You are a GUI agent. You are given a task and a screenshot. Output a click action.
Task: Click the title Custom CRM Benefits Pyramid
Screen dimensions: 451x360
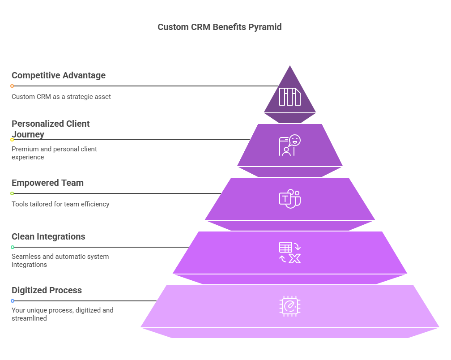(219, 27)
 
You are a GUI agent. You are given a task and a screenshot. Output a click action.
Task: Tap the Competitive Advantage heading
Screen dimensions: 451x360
(59, 75)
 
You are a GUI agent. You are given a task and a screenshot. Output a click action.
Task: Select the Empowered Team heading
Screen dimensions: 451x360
(48, 183)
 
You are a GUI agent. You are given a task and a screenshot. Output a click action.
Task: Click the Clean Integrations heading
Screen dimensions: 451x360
(48, 236)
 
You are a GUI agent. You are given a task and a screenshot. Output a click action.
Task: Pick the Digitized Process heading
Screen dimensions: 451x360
(47, 290)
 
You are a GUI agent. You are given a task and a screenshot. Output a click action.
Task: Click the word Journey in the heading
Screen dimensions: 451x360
(28, 134)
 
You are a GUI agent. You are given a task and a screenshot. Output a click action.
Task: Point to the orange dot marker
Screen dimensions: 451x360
(12, 86)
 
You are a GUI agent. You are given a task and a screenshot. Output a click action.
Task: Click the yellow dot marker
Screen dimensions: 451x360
(12, 140)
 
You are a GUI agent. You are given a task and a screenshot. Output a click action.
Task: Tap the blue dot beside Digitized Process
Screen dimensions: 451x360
(13, 301)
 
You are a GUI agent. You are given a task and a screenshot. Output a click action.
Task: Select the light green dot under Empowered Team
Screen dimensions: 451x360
(12, 193)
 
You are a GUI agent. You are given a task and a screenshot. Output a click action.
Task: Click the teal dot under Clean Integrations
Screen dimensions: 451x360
(13, 247)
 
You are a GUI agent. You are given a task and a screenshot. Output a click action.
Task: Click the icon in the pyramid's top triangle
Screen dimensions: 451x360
(290, 97)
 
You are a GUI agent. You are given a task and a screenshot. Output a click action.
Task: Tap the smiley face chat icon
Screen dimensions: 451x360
(290, 145)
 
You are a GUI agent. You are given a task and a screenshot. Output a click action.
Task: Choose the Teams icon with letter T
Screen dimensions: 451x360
(290, 198)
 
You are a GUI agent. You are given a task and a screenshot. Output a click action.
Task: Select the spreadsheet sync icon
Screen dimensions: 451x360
(290, 253)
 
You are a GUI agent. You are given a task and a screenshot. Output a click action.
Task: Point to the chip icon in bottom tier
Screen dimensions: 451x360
(290, 306)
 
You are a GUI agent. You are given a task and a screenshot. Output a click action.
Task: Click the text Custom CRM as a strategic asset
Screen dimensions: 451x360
(61, 97)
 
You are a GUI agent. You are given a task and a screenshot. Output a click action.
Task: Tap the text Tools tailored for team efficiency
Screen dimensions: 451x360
(60, 204)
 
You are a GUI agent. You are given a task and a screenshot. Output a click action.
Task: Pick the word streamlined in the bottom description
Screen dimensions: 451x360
(30, 318)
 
